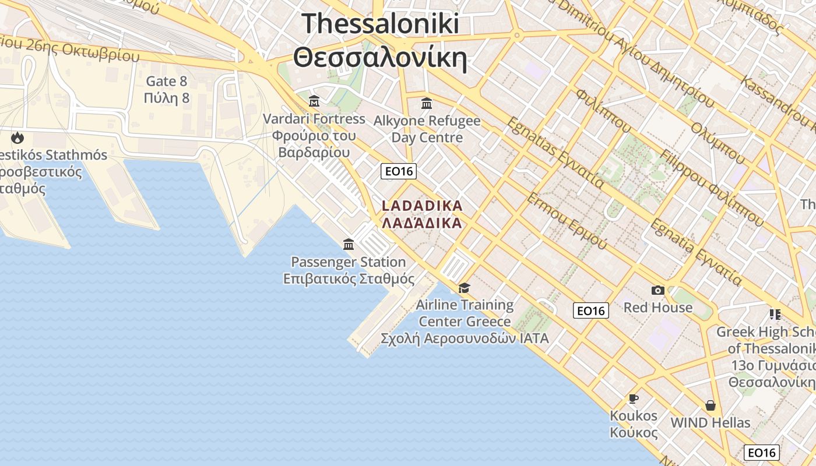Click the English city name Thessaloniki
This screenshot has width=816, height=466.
pos(381,24)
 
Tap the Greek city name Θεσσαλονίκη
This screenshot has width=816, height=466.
pos(381,58)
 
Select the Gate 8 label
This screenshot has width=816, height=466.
pos(167,81)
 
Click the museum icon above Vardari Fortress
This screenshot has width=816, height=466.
pos(314,101)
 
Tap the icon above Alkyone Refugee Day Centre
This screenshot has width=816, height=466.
pos(427,104)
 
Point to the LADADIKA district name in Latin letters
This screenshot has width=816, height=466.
pos(422,206)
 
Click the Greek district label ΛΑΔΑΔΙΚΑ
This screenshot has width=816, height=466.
pos(422,223)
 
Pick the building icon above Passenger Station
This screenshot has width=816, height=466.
pos(349,244)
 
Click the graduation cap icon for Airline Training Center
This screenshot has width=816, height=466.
pos(464,288)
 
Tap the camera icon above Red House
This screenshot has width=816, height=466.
pos(657,290)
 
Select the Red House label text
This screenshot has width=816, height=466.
pos(658,307)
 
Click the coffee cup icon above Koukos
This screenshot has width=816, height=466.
pos(633,398)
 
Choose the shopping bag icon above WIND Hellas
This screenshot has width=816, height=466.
pos(710,405)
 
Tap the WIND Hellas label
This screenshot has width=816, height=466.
pos(711,422)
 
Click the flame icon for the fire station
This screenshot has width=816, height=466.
pos(17,138)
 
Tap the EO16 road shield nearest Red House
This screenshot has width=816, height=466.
pos(591,310)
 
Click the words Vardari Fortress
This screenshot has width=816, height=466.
pos(314,119)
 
